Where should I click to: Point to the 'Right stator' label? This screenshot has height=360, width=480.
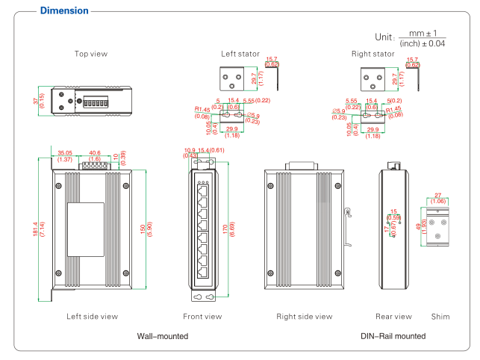coord(373,54)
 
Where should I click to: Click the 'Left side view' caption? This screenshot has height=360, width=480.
coord(92,317)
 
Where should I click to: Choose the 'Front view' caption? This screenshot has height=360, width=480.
coord(202,317)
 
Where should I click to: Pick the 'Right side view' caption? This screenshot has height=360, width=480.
coord(304,317)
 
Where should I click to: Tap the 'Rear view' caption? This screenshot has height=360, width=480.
coord(393,317)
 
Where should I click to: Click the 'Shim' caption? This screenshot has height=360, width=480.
coord(440,317)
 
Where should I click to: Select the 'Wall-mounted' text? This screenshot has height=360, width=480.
coord(162,337)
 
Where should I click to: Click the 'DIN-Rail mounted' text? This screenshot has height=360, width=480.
coord(393,337)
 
